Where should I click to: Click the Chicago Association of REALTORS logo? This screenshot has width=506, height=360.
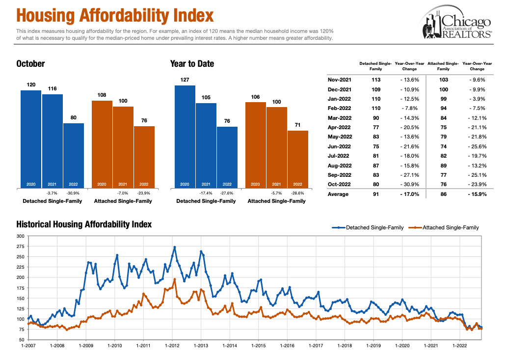point(456,25)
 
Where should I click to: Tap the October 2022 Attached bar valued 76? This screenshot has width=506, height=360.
point(144,157)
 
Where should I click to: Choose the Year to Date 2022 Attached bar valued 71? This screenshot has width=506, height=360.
point(298,159)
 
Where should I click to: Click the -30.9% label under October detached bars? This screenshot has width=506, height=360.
point(74,193)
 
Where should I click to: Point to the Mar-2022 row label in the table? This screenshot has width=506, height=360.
point(339,118)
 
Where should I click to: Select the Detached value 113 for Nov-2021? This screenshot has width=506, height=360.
point(376,80)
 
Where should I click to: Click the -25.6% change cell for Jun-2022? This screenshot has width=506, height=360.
point(478,146)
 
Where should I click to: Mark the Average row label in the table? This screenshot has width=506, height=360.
point(339,194)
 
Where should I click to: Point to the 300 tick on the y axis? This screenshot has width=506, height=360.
point(20,236)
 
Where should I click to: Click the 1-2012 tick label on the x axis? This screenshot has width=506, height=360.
point(172,346)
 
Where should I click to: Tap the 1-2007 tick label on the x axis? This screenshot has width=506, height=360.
point(28,346)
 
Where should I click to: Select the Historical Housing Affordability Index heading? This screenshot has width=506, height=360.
point(84,224)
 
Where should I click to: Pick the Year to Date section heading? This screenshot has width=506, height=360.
point(192,64)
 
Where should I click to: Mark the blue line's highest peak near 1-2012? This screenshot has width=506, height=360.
point(175,247)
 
